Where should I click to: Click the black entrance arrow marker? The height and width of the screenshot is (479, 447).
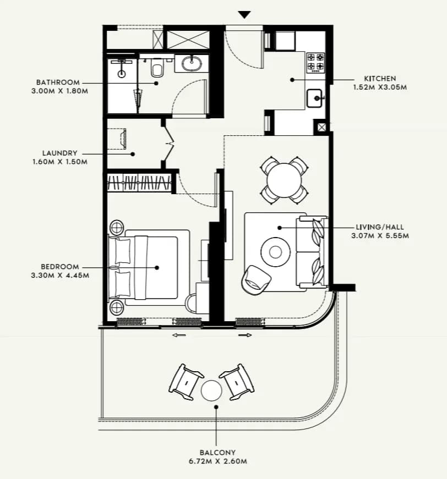pyautogui.click(x=244, y=15)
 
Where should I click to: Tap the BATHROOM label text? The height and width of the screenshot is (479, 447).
pyautogui.click(x=58, y=82)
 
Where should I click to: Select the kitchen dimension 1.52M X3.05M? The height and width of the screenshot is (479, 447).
pyautogui.click(x=380, y=87)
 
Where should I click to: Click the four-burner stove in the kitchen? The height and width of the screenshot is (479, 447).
pyautogui.click(x=316, y=63)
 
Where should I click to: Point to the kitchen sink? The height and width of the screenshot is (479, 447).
pyautogui.click(x=315, y=98)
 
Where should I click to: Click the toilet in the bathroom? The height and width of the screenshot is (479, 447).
pyautogui.click(x=157, y=68)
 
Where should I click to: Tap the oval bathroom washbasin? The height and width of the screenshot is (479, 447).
pyautogui.click(x=192, y=63)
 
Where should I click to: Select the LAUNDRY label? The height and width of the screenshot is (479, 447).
pyautogui.click(x=59, y=153)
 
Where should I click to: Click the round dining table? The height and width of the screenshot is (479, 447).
pyautogui.click(x=284, y=180)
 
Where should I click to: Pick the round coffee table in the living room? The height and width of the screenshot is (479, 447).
pyautogui.click(x=275, y=252)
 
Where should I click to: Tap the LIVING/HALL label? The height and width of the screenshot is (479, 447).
pyautogui.click(x=380, y=227)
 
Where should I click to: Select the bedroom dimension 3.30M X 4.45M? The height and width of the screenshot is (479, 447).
pyautogui.click(x=60, y=275)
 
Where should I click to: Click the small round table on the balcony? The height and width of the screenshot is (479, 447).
pyautogui.click(x=211, y=390)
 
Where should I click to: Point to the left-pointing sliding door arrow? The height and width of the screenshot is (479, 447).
pyautogui.click(x=179, y=335)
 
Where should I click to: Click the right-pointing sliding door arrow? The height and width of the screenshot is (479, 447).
pyautogui.click(x=245, y=335)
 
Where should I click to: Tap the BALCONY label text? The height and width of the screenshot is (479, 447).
pyautogui.click(x=217, y=453)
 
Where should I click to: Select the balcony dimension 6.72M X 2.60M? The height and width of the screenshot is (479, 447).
pyautogui.click(x=217, y=461)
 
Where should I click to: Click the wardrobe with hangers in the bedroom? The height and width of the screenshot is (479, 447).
pyautogui.click(x=139, y=183)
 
